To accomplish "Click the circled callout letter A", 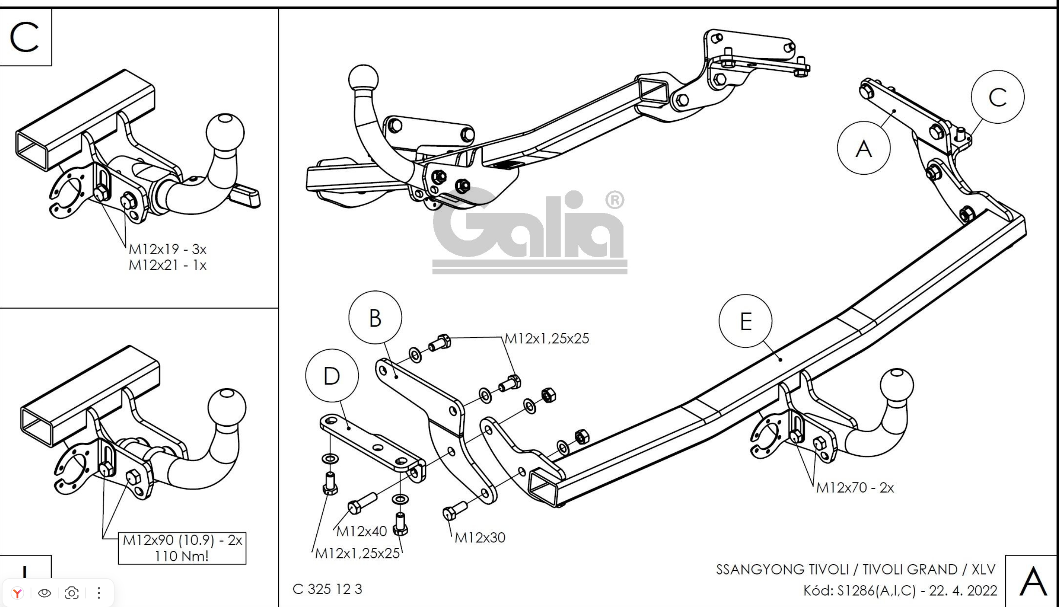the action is [864, 148].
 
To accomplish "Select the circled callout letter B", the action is [375, 318].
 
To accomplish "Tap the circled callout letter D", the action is [332, 376].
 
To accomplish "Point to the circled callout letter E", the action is [746, 321].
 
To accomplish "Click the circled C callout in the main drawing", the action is [997, 97].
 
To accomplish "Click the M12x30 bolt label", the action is [480, 538].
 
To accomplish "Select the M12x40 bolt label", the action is [361, 531].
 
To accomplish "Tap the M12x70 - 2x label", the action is [855, 488].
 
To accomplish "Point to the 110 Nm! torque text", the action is [182, 556].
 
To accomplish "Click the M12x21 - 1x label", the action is [168, 265].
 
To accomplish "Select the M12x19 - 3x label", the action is [168, 249].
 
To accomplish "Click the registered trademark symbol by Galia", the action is [614, 201].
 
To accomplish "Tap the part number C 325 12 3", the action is [327, 589].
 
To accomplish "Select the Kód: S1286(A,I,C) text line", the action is [900, 590].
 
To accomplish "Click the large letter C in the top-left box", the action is [24, 37].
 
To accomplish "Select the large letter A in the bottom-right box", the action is [1033, 581].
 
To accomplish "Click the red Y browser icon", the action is [17, 593].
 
